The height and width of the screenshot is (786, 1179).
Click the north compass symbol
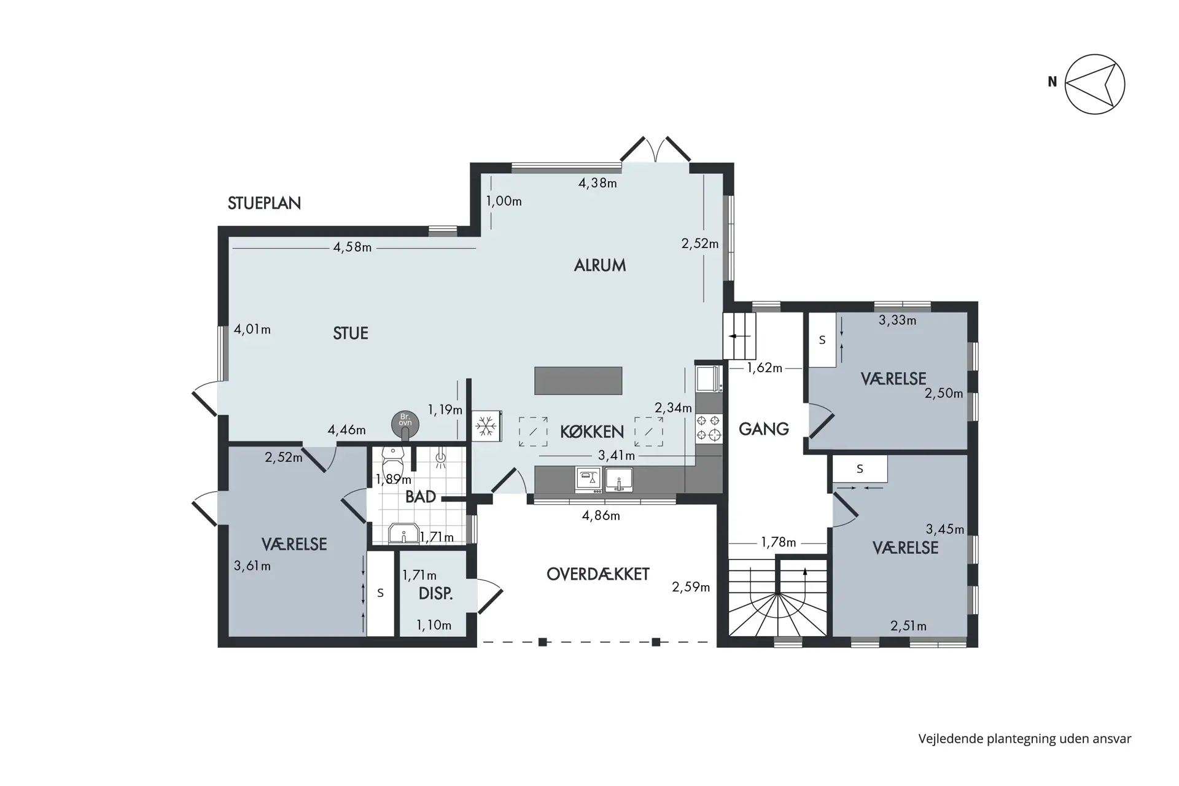tap(1094, 84)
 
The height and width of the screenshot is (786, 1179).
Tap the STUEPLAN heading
tap(264, 203)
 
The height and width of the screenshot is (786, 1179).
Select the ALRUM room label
tap(600, 265)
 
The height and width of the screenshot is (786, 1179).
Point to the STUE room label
tap(351, 333)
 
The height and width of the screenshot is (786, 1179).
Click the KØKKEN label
tap(592, 432)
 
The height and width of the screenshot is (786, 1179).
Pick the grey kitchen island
tap(578, 381)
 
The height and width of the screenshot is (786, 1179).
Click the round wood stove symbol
tap(405, 424)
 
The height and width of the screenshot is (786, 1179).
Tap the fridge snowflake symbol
tap(486, 426)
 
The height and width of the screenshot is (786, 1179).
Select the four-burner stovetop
tap(709, 429)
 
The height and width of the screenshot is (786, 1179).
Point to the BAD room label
tap(421, 497)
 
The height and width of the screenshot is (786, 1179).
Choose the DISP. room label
tap(436, 594)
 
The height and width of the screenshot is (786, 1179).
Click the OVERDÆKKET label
tap(598, 574)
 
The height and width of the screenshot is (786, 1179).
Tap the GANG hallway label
tap(764, 429)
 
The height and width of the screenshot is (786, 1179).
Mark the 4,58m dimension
tap(352, 247)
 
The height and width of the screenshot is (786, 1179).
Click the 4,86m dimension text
tap(601, 516)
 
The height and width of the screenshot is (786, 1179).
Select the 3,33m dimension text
tap(897, 320)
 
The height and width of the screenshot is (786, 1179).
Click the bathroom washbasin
tap(404, 534)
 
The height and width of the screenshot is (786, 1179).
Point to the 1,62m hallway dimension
tap(765, 368)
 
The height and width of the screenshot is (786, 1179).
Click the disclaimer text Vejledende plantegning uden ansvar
tap(1025, 739)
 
